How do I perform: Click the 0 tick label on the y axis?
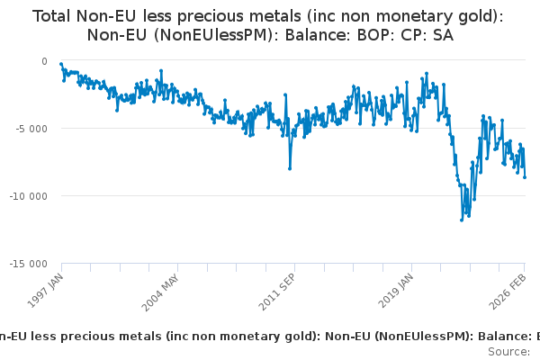[44, 61]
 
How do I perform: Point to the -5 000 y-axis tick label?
[32, 129]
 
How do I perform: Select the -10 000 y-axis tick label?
[30, 196]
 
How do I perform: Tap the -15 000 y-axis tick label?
[30, 264]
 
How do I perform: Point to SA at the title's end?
[442, 36]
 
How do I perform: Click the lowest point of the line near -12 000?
[462, 220]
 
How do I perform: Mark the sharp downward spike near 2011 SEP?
[290, 168]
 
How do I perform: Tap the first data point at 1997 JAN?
[60, 64]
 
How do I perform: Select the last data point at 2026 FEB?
[525, 176]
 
